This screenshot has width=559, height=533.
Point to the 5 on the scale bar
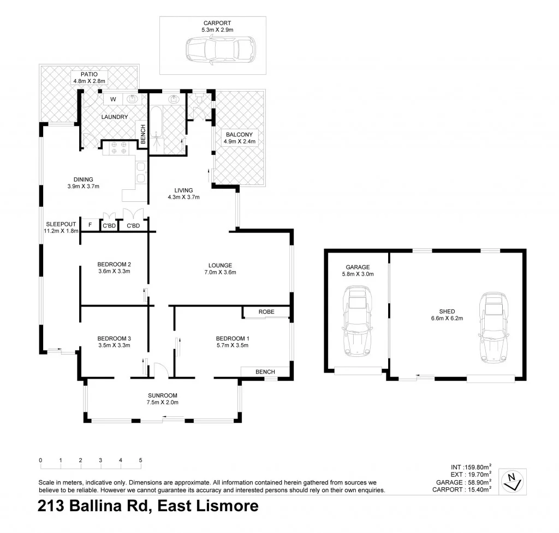(141, 460)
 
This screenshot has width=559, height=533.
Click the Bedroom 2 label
(114, 264)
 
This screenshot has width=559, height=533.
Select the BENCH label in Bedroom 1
(265, 372)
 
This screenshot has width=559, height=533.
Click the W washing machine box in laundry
(113, 99)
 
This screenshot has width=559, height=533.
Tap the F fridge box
(90, 225)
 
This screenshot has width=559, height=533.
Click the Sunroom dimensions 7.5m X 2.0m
(163, 403)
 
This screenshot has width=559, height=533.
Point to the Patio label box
(89, 77)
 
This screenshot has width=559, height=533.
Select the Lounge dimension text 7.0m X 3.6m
(219, 272)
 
